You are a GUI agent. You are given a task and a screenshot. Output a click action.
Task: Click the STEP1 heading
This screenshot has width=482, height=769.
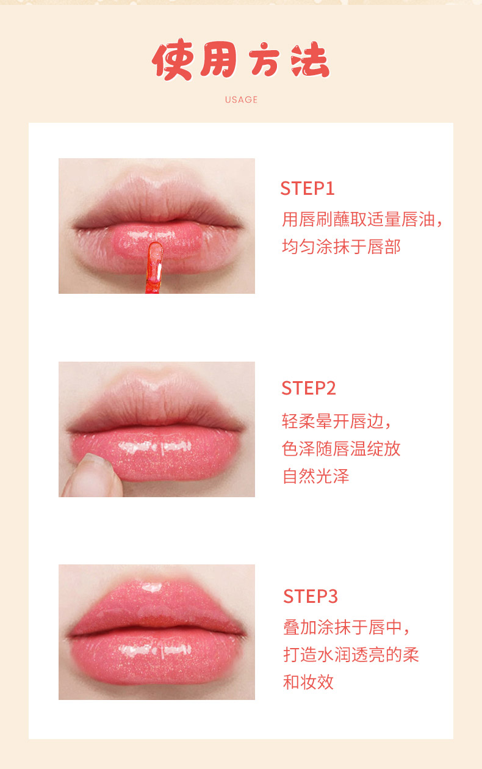(307, 188)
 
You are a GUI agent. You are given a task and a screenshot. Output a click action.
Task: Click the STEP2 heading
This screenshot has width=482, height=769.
(309, 388)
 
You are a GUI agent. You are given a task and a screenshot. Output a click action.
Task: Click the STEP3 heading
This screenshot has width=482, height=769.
(311, 596)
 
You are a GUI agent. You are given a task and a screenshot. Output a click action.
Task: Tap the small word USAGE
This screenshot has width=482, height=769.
(241, 100)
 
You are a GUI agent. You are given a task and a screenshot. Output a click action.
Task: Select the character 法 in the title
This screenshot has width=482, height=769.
(310, 60)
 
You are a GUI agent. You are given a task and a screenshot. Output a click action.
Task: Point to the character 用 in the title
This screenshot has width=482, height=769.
(218, 60)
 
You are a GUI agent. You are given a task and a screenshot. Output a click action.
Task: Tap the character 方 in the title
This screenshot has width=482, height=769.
(264, 60)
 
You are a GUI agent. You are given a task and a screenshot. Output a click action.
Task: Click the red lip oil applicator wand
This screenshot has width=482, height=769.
(154, 268)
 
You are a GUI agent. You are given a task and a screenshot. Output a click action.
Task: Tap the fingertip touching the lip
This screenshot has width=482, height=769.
(93, 475)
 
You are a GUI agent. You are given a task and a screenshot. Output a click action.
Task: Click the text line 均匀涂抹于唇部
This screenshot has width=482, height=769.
(341, 247)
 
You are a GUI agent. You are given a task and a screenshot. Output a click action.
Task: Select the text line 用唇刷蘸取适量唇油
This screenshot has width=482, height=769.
(358, 219)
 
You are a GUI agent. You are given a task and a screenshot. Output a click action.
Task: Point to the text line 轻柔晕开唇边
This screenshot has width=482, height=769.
(333, 421)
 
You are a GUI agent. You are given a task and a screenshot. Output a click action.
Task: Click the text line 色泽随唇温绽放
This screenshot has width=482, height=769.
(341, 448)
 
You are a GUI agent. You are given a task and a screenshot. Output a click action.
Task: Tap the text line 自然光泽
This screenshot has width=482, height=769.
(315, 476)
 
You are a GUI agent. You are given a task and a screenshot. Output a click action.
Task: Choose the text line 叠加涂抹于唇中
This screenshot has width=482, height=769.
(343, 627)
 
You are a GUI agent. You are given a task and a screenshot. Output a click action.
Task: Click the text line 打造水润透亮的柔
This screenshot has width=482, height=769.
(351, 655)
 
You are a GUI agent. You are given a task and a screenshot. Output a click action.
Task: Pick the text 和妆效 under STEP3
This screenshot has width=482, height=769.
(308, 682)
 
